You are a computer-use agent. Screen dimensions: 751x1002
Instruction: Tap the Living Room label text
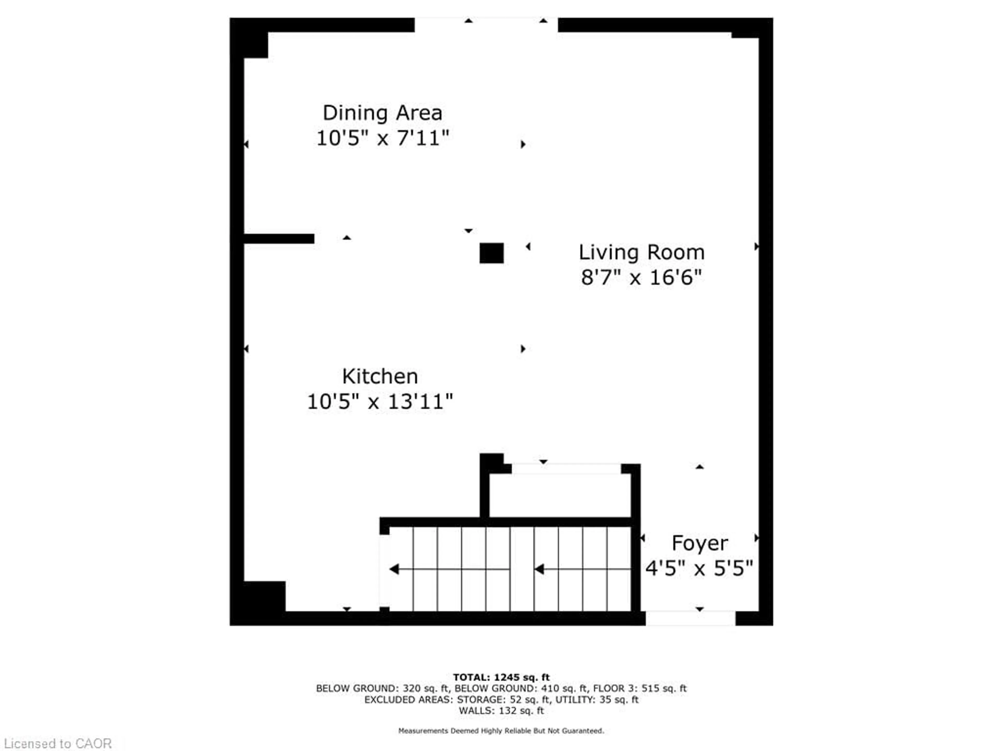[641, 253]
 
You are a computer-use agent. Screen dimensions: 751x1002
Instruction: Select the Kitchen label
[380, 376]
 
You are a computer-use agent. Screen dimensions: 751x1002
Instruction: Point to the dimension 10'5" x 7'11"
[382, 138]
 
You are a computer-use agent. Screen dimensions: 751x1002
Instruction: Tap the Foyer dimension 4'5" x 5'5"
[699, 568]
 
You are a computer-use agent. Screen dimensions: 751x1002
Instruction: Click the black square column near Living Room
[492, 253]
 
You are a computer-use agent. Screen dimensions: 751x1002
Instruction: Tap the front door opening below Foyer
[690, 618]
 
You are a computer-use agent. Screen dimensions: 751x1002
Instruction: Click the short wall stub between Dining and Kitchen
[279, 239]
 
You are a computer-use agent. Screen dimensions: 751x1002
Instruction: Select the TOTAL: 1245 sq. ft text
[501, 677]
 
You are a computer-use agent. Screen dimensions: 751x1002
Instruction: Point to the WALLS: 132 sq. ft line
[501, 711]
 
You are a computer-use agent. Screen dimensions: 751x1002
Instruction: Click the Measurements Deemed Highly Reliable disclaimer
[501, 731]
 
